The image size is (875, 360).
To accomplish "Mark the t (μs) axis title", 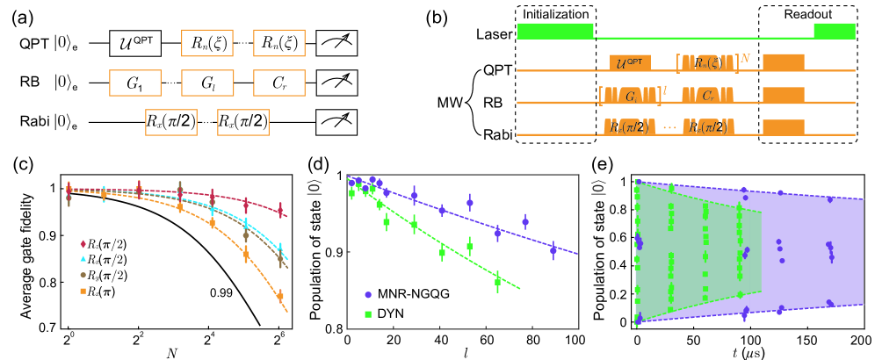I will (747, 351).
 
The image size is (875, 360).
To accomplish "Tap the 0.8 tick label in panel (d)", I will (334, 328).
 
